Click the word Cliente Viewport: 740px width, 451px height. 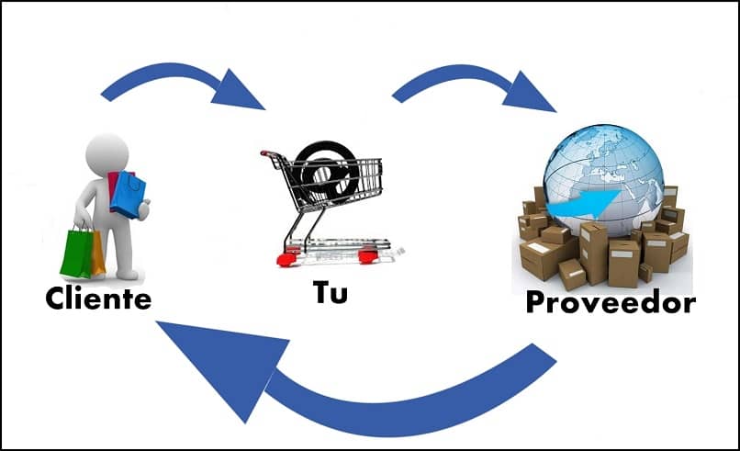98,299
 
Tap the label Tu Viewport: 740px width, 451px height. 330,294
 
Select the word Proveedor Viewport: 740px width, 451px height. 610,302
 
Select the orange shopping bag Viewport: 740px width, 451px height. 97,253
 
